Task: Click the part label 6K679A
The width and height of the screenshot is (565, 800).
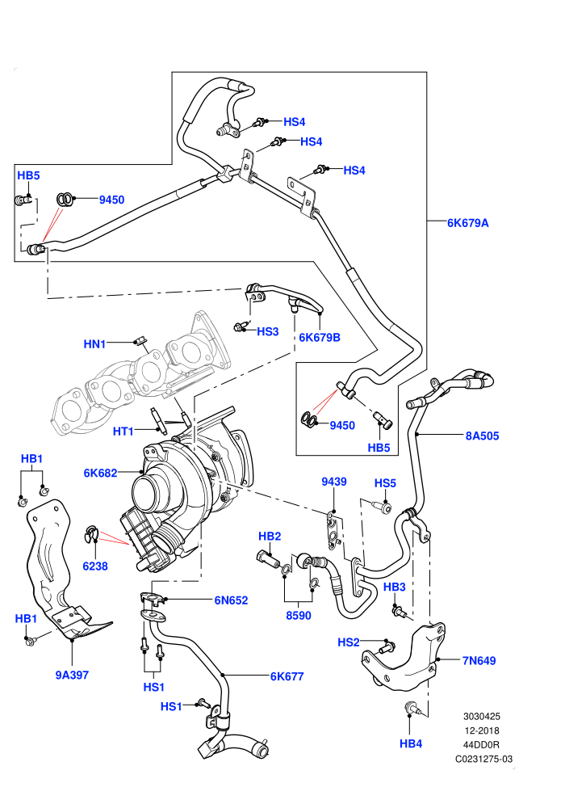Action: point(467,223)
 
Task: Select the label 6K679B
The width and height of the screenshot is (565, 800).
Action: point(320,337)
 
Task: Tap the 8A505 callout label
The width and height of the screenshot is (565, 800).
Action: point(482,436)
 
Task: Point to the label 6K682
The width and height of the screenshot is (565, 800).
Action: point(100,473)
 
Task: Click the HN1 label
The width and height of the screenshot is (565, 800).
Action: point(94,344)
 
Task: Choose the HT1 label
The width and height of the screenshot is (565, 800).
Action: point(123,432)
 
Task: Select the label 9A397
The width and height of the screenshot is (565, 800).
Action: point(72,675)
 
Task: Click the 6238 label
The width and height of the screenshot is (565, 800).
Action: point(95,566)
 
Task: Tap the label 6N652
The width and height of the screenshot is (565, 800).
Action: point(231,600)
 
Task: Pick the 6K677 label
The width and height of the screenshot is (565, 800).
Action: point(287,676)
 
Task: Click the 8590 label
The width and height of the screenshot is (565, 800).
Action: point(299,615)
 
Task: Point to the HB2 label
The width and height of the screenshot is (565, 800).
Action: point(270,537)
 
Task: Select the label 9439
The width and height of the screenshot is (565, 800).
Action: point(334,482)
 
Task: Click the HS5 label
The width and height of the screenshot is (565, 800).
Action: point(385,483)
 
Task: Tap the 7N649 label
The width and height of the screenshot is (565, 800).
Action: point(479,661)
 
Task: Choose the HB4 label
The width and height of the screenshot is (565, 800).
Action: point(411,744)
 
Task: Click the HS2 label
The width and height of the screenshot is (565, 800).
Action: point(349,642)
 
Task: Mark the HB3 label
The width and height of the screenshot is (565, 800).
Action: point(395,587)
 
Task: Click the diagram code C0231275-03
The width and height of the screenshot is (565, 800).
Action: point(484,759)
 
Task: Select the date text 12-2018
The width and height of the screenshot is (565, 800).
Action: point(482,731)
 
